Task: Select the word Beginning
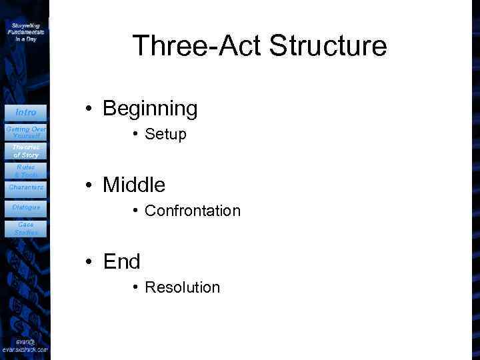click(150, 109)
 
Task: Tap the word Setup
click(165, 135)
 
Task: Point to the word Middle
click(134, 185)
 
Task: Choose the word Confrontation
click(192, 211)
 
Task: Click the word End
click(121, 262)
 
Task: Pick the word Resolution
click(182, 287)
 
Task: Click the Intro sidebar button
click(25, 112)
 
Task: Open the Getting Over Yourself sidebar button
click(25, 132)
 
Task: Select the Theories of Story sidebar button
click(25, 151)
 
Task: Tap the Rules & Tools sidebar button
click(25, 171)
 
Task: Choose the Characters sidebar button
click(25, 187)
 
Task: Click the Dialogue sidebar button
click(25, 207)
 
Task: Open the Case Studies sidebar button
click(25, 229)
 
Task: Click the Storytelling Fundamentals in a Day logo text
click(25, 31)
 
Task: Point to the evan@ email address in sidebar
click(25, 345)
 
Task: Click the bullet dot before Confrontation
click(135, 211)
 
